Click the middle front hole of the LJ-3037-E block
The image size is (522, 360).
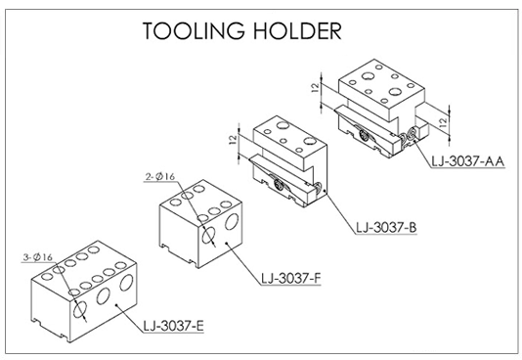103,298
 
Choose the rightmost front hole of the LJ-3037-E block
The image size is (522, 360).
125,287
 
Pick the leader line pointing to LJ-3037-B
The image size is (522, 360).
337,206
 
